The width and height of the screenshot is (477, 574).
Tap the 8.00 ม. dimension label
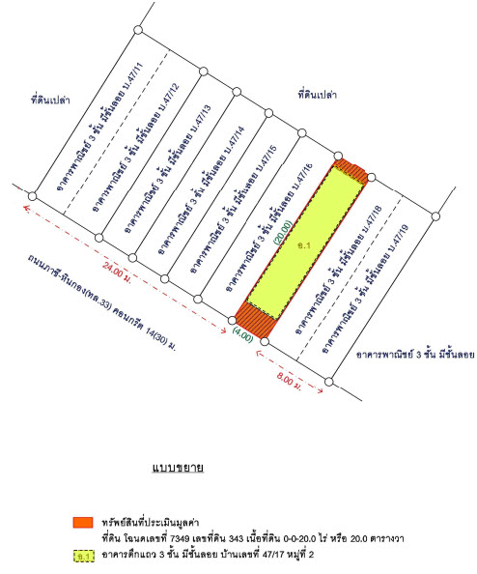pos(289,381)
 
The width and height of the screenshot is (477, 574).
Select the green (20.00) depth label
pos(283,232)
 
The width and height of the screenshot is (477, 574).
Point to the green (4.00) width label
pos(242,335)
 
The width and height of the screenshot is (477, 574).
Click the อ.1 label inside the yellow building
pos(303,245)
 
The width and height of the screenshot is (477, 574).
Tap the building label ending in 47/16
pos(268,228)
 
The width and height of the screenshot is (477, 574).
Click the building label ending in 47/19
pos(364,289)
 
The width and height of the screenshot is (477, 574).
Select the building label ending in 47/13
pos(167,169)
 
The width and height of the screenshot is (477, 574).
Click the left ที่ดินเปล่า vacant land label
pos(50,100)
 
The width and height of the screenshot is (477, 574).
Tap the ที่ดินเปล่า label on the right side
pos(317,95)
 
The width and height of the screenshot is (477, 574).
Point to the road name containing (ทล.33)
pos(101,302)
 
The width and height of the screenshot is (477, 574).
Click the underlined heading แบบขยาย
pos(178,468)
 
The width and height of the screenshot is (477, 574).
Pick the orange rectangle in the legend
pos(83,523)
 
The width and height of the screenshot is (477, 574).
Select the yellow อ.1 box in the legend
pos(84,556)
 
